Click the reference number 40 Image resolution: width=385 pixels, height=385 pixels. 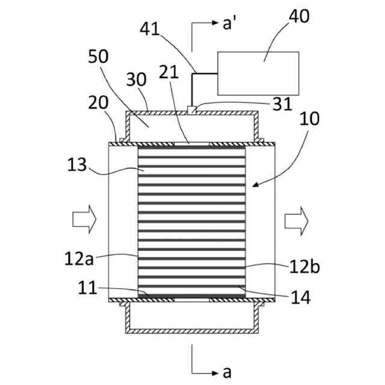pos(299,16)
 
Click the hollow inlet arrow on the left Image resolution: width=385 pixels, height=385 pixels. pos(84,218)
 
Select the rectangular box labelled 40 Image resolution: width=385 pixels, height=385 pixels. pos(258,73)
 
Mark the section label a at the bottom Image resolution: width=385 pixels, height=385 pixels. pos(226,372)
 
